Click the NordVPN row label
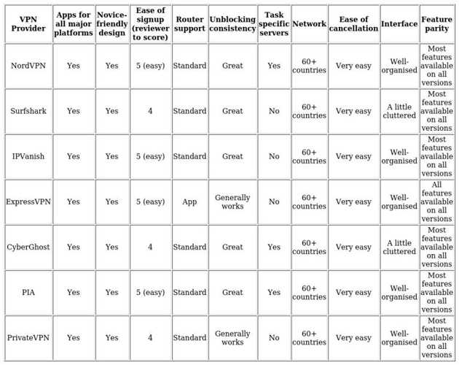click(x=28, y=66)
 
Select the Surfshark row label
click(x=28, y=111)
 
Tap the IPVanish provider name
click(x=28, y=156)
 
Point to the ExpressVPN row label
click(x=28, y=201)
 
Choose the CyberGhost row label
click(x=28, y=247)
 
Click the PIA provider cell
click(x=28, y=292)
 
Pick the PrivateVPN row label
click(x=28, y=337)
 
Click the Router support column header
click(x=189, y=24)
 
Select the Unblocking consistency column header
click(x=232, y=24)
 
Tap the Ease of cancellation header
click(x=353, y=24)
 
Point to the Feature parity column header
click(x=436, y=24)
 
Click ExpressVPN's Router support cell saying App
click(x=189, y=201)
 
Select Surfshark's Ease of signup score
click(x=150, y=111)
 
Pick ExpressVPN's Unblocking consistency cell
click(x=232, y=201)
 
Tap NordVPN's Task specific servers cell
click(x=274, y=66)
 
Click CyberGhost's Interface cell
click(x=399, y=247)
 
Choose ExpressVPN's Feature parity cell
click(x=436, y=201)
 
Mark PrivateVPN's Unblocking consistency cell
click(x=232, y=337)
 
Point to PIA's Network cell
click(x=309, y=292)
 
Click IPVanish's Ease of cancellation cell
click(x=353, y=156)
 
